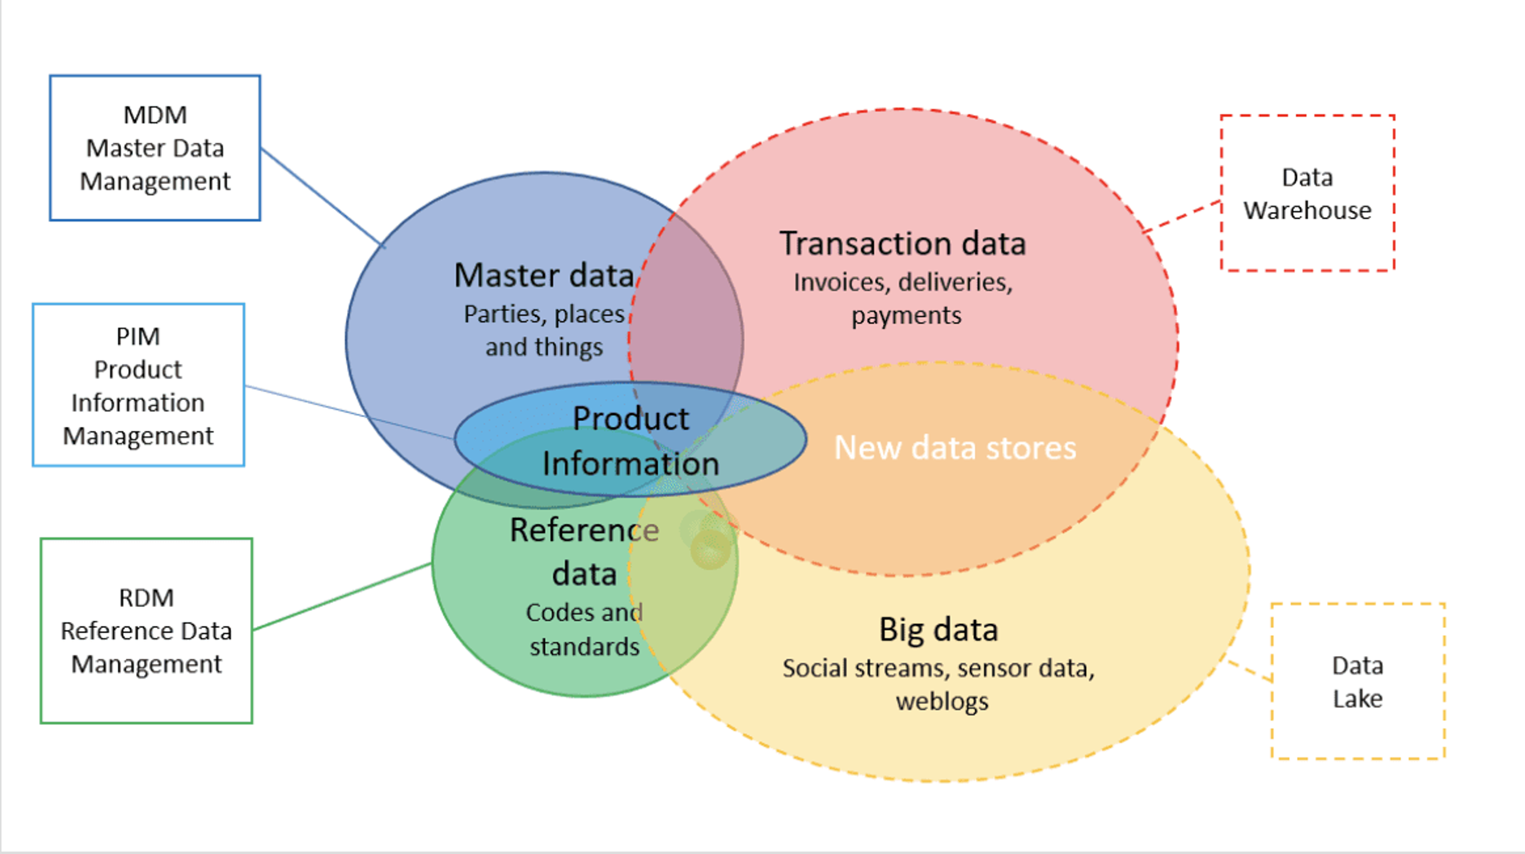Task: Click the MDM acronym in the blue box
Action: [x=155, y=115]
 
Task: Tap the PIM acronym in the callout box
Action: [x=138, y=336]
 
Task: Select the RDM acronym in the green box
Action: [x=146, y=598]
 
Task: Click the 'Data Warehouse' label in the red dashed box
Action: [x=1307, y=193]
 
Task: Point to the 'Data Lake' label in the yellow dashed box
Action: [x=1357, y=682]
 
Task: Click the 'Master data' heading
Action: [x=543, y=276]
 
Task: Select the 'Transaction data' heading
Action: [x=903, y=243]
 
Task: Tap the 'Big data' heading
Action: [x=938, y=629]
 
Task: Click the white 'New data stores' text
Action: [x=955, y=447]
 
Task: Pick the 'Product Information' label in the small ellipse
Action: [x=631, y=440]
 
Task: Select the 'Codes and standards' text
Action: [x=584, y=629]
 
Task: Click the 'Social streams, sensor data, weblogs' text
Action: [x=939, y=684]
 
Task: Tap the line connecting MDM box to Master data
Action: [x=322, y=197]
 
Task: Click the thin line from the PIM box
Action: [x=349, y=413]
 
